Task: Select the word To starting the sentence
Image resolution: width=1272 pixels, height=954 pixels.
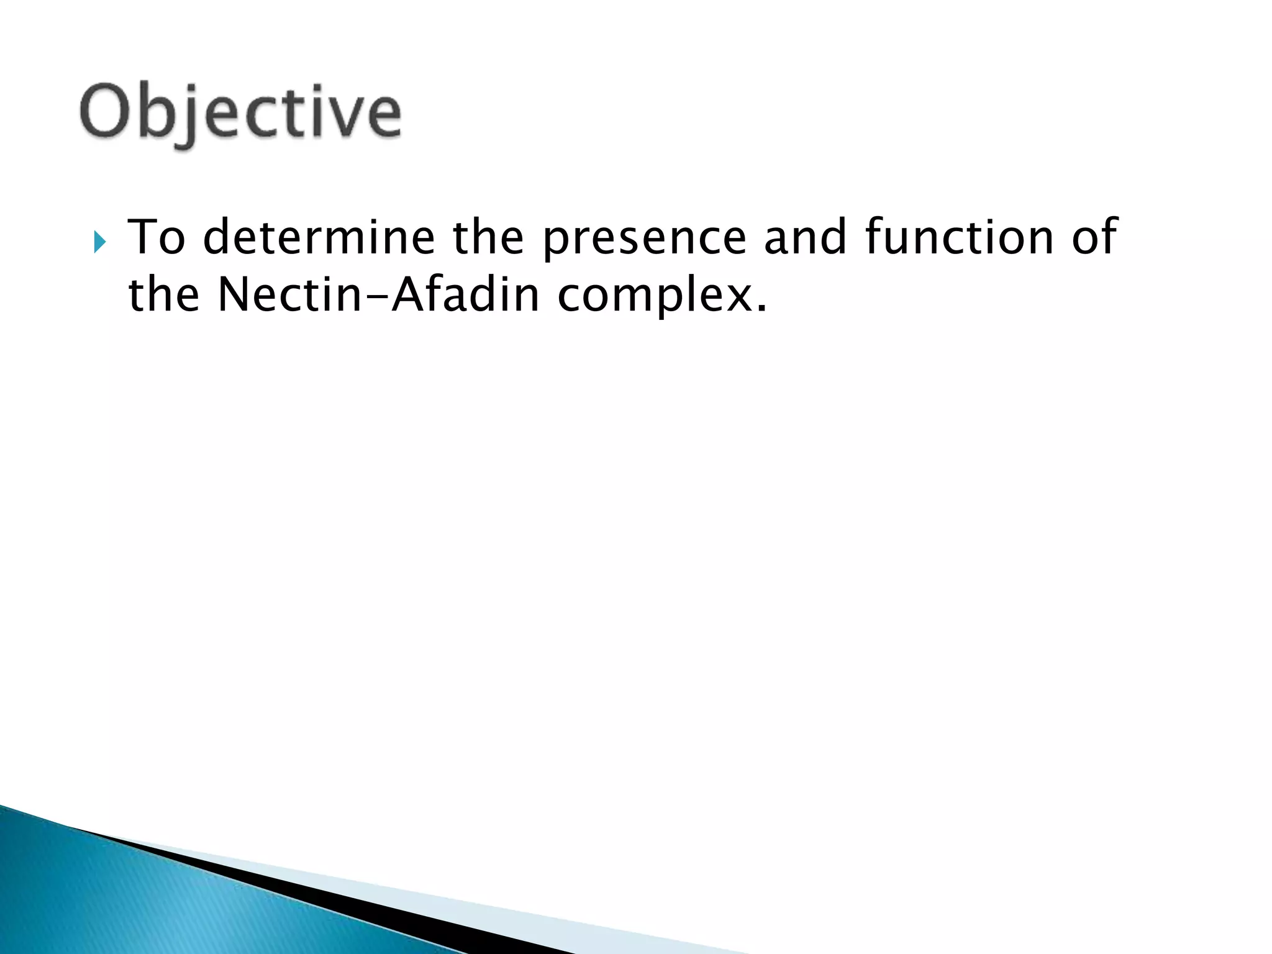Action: (x=156, y=237)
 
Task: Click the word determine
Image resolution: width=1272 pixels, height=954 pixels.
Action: (x=319, y=237)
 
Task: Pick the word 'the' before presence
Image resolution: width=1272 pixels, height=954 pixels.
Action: (x=488, y=237)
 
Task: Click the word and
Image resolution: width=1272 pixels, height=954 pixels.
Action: (x=805, y=237)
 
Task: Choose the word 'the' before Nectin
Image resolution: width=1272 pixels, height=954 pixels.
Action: (x=163, y=294)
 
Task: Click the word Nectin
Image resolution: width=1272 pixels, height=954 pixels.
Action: (x=289, y=294)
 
